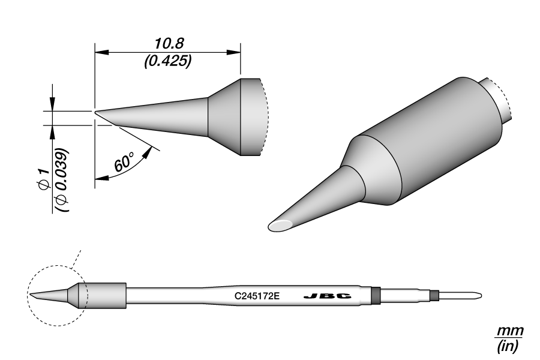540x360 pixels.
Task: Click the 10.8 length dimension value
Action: [x=167, y=43]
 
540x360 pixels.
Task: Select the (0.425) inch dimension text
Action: [x=167, y=61]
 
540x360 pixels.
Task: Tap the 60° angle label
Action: [x=124, y=163]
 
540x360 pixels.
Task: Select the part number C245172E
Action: [x=257, y=296]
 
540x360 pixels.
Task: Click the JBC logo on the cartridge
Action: [x=327, y=296]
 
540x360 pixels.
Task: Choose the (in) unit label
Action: [x=509, y=346]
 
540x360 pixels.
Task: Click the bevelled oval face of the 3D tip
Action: [x=281, y=226]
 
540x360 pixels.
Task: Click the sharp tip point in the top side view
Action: [x=95, y=112]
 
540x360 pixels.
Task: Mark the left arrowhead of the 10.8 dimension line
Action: [x=100, y=52]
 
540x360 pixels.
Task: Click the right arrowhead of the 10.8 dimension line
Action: [x=235, y=52]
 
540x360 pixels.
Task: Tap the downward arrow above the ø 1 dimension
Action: [x=52, y=104]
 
